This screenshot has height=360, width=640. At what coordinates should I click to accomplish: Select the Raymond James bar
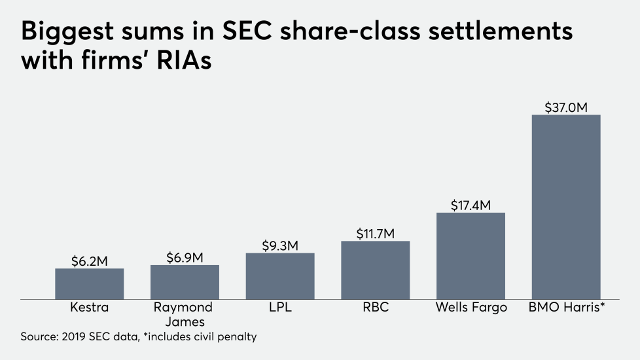pos(185,282)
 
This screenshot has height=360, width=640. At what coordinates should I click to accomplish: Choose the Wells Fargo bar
pos(471,256)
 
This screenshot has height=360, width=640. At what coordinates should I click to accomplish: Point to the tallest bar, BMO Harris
pos(566,207)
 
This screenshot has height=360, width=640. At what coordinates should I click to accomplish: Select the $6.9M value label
pos(185,257)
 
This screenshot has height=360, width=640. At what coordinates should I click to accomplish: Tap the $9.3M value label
pos(280,245)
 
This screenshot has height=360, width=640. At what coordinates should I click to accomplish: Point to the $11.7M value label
pos(376,232)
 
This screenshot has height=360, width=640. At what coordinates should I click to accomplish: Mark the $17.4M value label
pos(471,204)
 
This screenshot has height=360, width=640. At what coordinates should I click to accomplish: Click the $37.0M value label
pos(566,106)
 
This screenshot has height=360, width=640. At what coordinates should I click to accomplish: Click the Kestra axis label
pos(89,308)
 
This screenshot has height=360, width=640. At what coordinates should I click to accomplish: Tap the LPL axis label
pos(280,308)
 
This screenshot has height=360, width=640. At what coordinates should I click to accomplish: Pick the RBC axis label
pos(376,308)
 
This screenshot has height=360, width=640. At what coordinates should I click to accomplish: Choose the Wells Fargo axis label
pos(471,308)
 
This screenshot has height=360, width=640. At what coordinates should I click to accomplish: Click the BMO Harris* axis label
pos(566,308)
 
